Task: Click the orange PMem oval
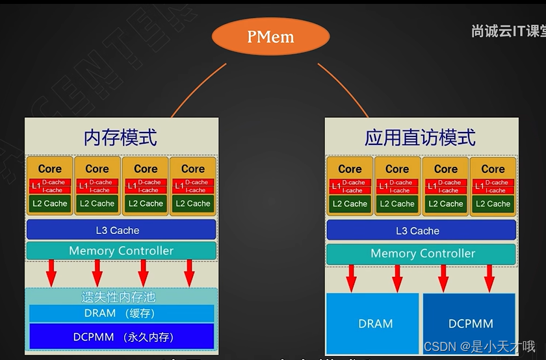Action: [x=270, y=36]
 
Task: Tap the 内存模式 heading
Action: [x=120, y=137]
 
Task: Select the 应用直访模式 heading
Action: [x=420, y=137]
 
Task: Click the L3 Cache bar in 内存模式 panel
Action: [x=121, y=230]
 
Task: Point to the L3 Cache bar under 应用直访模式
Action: [x=421, y=231]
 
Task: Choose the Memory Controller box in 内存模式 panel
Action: [x=121, y=251]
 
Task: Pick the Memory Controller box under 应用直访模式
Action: [x=422, y=253]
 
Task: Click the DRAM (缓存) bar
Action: [x=121, y=313]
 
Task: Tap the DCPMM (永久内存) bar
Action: [x=121, y=337]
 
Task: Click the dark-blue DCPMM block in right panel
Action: [x=470, y=323]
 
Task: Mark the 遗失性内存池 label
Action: [x=118, y=297]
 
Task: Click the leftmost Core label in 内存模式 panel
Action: [x=50, y=168]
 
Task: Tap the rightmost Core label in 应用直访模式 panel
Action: [x=493, y=168]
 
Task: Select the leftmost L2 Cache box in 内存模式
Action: [x=50, y=203]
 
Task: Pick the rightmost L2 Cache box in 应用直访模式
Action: [x=493, y=203]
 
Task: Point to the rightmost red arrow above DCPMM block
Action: [x=489, y=278]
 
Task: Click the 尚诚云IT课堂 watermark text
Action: [x=507, y=31]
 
